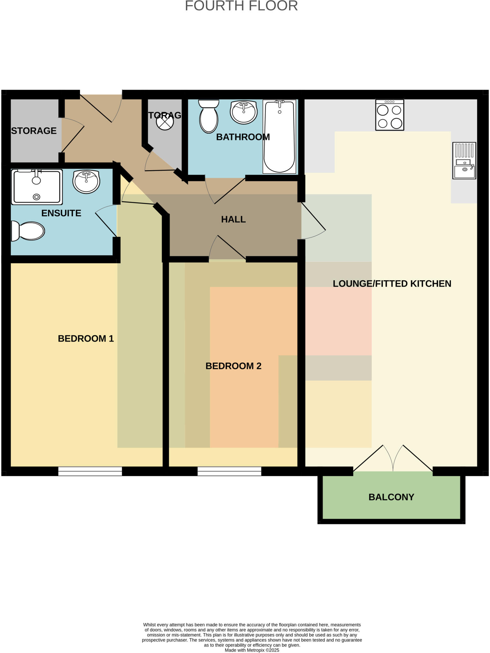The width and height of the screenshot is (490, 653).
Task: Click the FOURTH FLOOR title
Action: point(241,6)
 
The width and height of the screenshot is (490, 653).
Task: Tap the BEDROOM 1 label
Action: point(86,339)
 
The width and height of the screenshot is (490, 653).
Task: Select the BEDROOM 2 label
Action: point(233,366)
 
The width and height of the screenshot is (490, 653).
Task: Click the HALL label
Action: point(233,219)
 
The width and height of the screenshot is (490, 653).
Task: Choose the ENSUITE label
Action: point(61,213)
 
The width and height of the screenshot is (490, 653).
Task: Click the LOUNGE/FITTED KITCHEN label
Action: point(392,284)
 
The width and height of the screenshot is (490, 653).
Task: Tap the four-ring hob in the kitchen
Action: point(390,115)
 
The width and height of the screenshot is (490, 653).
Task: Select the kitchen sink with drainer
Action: point(464,161)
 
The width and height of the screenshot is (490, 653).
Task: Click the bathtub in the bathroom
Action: point(279,136)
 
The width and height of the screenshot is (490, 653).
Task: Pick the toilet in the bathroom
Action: point(208,116)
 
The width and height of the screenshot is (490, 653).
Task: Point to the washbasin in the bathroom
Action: point(244,112)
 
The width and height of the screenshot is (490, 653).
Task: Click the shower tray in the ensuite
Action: point(37,187)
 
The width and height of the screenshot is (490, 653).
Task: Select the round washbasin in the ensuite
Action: point(86,181)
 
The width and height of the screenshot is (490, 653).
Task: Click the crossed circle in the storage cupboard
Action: point(165,121)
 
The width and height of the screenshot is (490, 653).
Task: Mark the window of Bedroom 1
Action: point(90,471)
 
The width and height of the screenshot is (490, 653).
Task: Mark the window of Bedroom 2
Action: point(229,471)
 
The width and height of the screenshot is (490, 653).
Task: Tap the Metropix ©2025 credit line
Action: point(252,650)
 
